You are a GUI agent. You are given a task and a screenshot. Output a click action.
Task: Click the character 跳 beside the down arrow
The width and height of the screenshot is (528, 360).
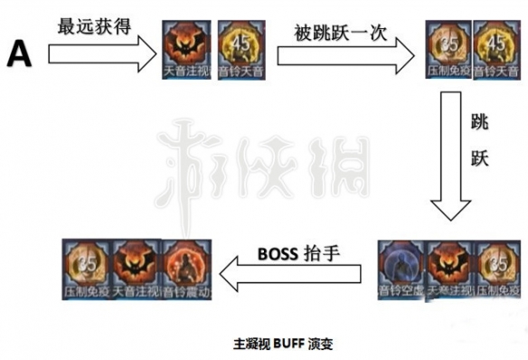pyautogui.click(x=480, y=121)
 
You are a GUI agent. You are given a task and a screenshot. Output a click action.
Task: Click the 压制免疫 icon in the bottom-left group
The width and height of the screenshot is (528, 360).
pyautogui.click(x=83, y=270)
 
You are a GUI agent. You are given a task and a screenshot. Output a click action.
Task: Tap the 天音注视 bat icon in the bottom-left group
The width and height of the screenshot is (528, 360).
pyautogui.click(x=135, y=270)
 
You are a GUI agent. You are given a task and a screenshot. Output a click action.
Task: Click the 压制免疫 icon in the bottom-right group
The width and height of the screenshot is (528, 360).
pyautogui.click(x=500, y=270)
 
